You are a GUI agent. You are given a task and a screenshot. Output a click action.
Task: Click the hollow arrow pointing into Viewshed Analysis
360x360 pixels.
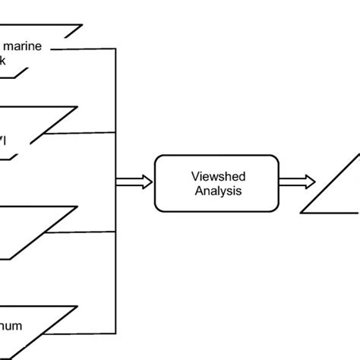point(134,182)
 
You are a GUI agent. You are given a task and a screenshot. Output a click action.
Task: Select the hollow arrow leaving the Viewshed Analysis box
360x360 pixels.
point(297,182)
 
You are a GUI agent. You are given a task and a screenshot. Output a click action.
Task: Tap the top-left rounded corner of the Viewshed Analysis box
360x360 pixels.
point(158,157)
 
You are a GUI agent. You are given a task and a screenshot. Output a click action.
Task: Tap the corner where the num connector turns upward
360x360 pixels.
point(115,333)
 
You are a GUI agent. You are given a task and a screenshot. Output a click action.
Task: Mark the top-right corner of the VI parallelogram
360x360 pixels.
point(77,107)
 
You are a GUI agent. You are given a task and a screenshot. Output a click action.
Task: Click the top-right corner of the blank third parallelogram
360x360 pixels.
point(77,207)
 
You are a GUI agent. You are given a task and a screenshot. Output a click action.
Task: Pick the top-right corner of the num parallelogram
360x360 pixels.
point(77,307)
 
